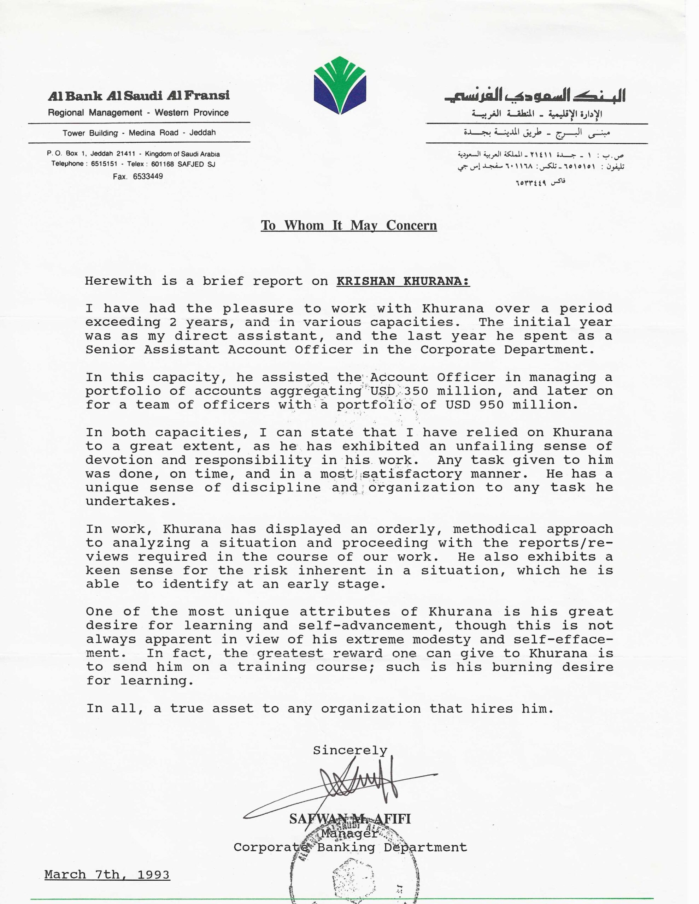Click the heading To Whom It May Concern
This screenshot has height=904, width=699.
pos(348,225)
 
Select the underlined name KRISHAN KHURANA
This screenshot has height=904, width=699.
pos(403,281)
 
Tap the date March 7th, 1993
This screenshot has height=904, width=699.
pos(107,875)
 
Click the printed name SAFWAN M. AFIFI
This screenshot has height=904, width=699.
pos(350,819)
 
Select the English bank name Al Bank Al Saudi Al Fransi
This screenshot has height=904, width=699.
pos(139,96)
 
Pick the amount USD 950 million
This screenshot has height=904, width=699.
pos(511,404)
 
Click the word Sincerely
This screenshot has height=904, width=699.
pos(350,750)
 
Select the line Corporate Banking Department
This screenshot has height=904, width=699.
pos(350,847)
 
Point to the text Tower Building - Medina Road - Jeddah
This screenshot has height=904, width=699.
pos(139,133)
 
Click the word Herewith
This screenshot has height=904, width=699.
pos(118,281)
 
